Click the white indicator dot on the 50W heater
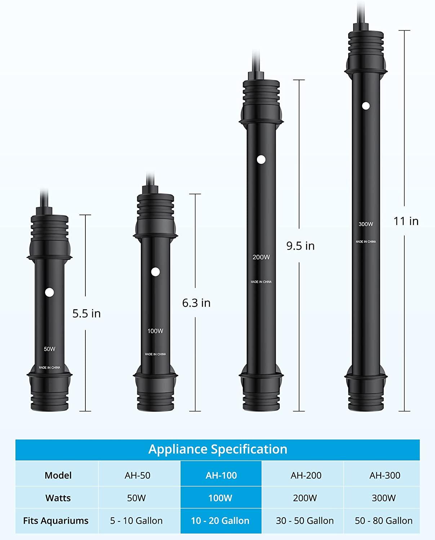coord(49,292)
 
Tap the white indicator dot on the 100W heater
coord(156,272)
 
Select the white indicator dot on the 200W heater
coord(261,159)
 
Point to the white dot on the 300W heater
coord(366,106)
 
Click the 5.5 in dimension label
coord(86,314)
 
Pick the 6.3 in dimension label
coord(196,303)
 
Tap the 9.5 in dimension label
coord(301,246)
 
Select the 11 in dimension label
coord(406,221)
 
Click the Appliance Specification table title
coord(218,449)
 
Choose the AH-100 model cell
coord(221,475)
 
